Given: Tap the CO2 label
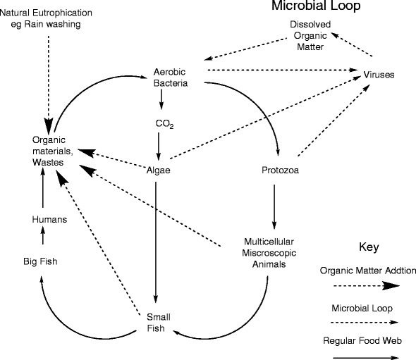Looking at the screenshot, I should point(164,125).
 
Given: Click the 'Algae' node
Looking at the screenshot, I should point(159,170).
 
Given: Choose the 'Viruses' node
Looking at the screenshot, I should point(379,75).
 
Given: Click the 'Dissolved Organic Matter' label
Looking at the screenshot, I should point(306,36).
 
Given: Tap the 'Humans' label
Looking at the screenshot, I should point(49,220).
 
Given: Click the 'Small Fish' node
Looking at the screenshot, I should point(159,322).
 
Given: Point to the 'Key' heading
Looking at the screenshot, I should point(369,247).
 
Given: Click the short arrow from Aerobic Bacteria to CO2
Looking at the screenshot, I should point(162,101).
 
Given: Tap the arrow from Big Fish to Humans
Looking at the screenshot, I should point(43,240).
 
